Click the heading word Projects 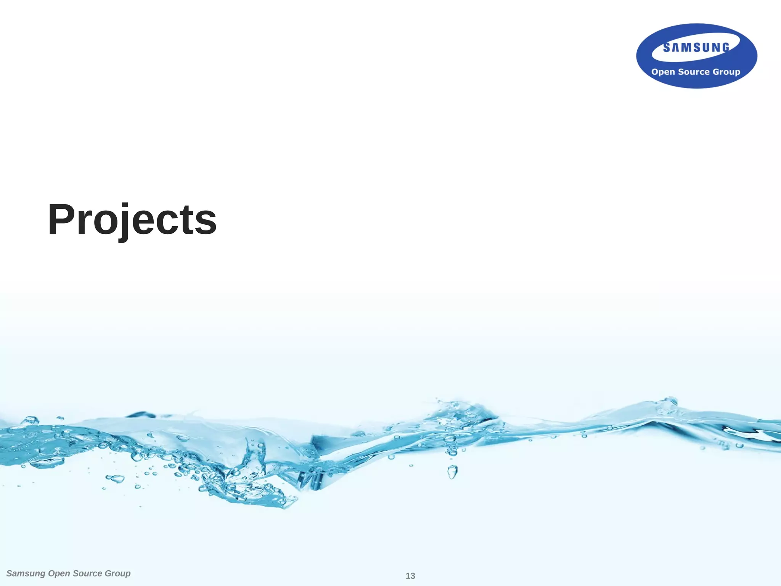pyautogui.click(x=132, y=220)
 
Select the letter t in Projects pyautogui.click(x=188, y=221)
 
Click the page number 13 pyautogui.click(x=410, y=576)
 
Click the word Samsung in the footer pyautogui.click(x=26, y=573)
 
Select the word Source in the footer pyautogui.click(x=87, y=573)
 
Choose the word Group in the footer pyautogui.click(x=117, y=573)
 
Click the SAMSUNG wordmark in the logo pyautogui.click(x=696, y=47)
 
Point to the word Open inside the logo pyautogui.click(x=663, y=72)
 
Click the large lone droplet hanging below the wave pyautogui.click(x=452, y=472)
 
